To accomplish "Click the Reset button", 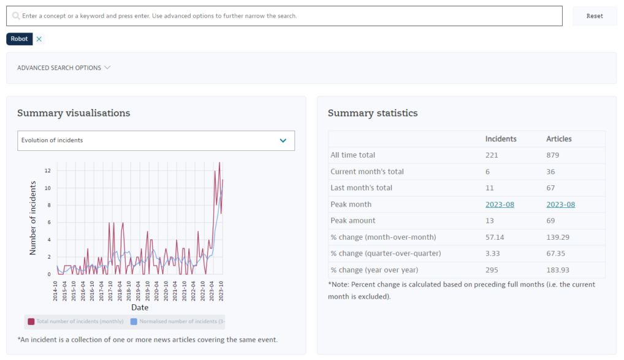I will click(x=594, y=16).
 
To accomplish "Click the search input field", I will click(x=288, y=16).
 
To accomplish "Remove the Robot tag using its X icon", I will click(x=39, y=39).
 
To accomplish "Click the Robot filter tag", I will click(x=19, y=39).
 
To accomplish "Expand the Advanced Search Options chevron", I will click(x=107, y=67).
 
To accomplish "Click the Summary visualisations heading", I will click(x=74, y=113).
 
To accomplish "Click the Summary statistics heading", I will click(x=373, y=113).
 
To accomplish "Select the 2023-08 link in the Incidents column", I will click(x=500, y=204).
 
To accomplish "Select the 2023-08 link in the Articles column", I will click(x=560, y=204).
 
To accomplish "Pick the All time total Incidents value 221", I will click(x=492, y=155).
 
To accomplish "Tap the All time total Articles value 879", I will click(x=552, y=155).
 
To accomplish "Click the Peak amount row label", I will click(x=352, y=221).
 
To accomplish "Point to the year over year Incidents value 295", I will click(x=492, y=270).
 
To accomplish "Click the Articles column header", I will click(x=558, y=139).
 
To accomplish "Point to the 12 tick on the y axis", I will click(x=47, y=170).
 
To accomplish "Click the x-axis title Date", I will click(x=139, y=307).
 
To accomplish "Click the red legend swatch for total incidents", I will click(x=31, y=321).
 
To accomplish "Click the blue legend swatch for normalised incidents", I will click(x=134, y=321).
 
